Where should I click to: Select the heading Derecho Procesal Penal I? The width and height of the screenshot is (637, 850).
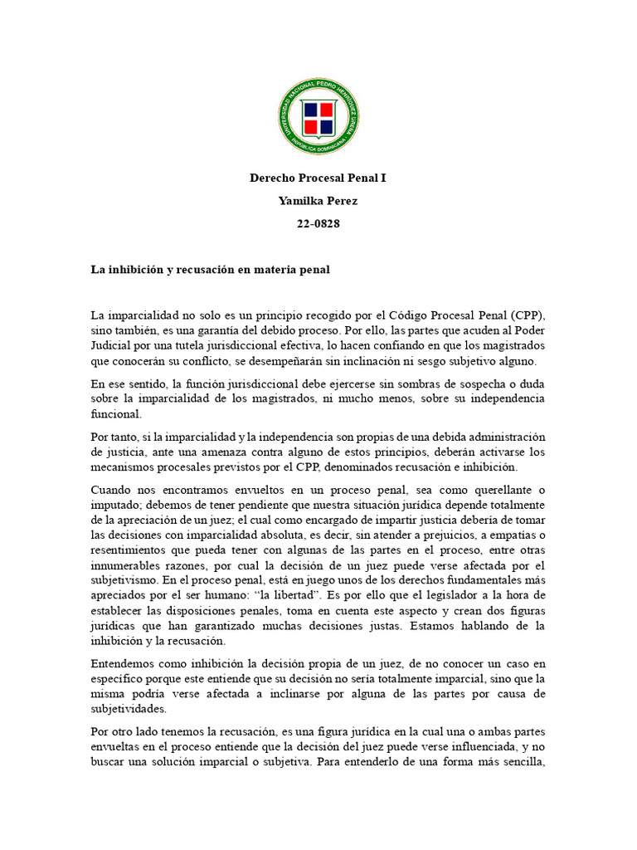[318, 178]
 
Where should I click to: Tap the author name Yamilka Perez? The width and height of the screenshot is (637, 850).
[318, 200]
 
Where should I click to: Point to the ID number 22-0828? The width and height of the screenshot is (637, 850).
[318, 222]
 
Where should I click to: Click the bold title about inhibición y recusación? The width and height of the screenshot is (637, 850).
[211, 269]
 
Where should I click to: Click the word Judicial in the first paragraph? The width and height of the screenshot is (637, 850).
[112, 346]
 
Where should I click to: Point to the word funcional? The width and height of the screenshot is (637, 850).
[117, 413]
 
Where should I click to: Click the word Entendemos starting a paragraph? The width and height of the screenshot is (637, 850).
[127, 662]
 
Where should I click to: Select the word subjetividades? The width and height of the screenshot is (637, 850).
[133, 707]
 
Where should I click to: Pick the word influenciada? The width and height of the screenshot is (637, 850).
[474, 745]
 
